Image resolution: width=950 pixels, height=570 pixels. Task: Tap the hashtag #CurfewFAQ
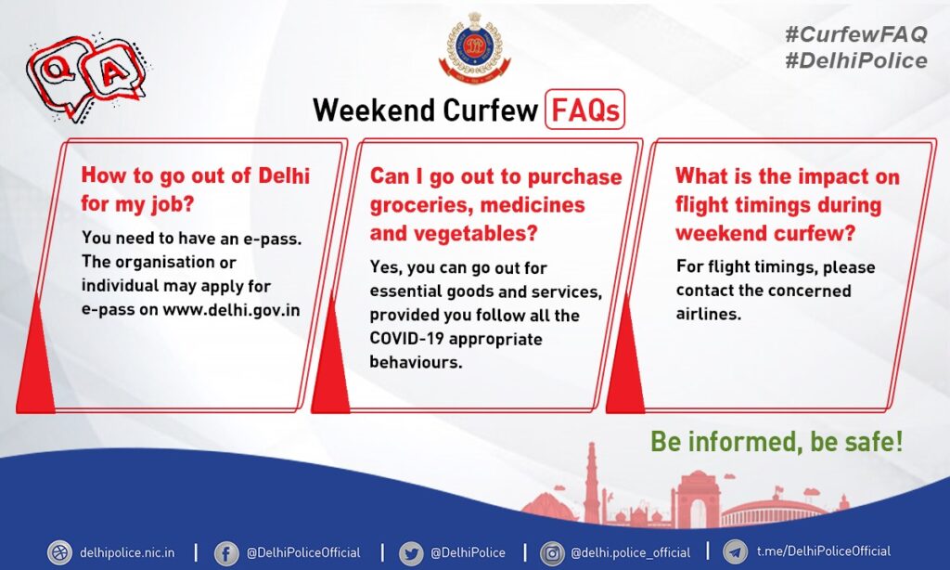855,34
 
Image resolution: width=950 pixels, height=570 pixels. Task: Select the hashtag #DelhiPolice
855,60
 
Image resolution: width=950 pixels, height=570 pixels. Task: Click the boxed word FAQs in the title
584,110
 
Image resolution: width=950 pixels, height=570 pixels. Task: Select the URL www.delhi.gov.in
231,309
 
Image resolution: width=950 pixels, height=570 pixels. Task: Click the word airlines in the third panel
708,314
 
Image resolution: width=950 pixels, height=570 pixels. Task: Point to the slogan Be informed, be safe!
777,441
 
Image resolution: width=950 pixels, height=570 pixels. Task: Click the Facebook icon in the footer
226,553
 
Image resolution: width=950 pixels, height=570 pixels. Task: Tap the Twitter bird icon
411,553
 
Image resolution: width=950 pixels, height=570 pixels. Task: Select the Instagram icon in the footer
552,553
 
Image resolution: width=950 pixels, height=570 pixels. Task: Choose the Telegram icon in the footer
736,552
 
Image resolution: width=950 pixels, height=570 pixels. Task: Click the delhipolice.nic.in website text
127,552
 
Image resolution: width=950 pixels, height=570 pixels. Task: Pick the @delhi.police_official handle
630,553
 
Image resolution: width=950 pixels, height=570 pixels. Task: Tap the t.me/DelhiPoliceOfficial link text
824,551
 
